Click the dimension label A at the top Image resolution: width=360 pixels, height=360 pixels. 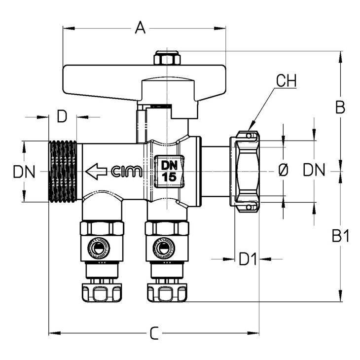tap(140, 28)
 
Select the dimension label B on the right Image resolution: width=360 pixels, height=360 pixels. tap(340, 107)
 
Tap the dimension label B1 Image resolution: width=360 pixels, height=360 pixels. tap(340, 236)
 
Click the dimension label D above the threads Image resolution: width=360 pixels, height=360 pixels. tap(62, 116)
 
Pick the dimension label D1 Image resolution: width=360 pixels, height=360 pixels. tap(248, 259)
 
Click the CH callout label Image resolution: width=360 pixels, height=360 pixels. tap(287, 80)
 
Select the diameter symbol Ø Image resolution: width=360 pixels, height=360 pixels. tap(283, 171)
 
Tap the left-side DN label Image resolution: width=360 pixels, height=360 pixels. tap(24, 172)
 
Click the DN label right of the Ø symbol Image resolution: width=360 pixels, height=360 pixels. tap(314, 170)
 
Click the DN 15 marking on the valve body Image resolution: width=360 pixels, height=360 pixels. tap(170, 171)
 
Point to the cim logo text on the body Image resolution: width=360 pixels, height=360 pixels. tap(127, 171)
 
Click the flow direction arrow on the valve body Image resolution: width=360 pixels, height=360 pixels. tap(96, 171)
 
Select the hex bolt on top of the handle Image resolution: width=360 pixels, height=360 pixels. tap(167, 58)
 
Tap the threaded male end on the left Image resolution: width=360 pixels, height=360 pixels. tap(63, 172)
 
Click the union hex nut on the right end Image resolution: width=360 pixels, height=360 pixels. tap(245, 171)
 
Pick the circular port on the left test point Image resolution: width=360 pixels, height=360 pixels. tap(99, 248)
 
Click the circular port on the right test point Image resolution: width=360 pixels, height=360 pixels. tap(163, 248)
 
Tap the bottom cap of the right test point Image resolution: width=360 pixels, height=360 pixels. tap(167, 293)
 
